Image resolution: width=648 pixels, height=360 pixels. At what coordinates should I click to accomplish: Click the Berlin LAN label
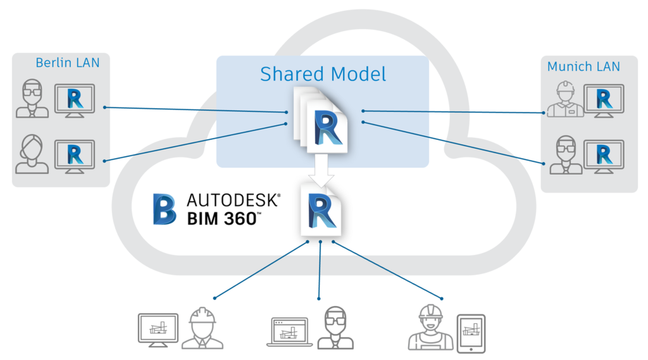pos(67,63)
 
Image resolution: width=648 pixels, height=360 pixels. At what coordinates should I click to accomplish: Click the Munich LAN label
pos(583,66)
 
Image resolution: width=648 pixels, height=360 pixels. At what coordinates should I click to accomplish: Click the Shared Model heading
pos(323,74)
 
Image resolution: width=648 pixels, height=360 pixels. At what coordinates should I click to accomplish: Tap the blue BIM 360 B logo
pos(164,209)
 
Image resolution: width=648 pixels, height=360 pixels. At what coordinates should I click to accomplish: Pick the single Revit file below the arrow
pos(321,211)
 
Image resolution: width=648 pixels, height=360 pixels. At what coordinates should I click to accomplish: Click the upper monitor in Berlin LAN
pos(75,100)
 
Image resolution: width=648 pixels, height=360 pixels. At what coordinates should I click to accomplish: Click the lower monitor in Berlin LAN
pos(75,156)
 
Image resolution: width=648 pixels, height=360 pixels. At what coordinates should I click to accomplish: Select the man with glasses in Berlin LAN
pos(32,99)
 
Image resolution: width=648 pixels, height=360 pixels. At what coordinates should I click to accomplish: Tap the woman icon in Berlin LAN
pos(32,155)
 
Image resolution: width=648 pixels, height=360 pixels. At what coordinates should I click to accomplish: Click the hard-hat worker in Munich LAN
pos(565,100)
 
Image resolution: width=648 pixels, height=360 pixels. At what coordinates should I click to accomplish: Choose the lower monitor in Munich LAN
pos(604,156)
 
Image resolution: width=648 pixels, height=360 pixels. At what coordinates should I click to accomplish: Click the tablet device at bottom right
pos(471,333)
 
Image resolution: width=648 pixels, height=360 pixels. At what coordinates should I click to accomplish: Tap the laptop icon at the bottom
pos(290,332)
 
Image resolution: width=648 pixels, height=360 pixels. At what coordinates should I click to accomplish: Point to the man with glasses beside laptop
pos(335,328)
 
